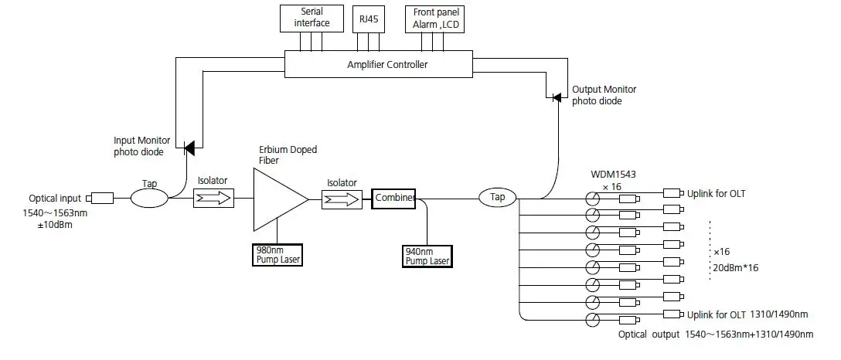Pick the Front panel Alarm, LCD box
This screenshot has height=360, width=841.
[434, 18]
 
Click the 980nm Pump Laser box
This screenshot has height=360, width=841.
[277, 254]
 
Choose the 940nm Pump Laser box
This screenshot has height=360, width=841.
[427, 256]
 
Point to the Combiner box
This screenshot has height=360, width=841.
[393, 198]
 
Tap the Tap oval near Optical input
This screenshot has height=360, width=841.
[149, 199]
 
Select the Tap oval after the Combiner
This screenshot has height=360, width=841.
[498, 198]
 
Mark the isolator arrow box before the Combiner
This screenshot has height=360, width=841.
[341, 199]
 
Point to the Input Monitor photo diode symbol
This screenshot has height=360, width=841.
[188, 145]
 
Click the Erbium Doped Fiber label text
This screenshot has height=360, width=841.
[287, 155]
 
